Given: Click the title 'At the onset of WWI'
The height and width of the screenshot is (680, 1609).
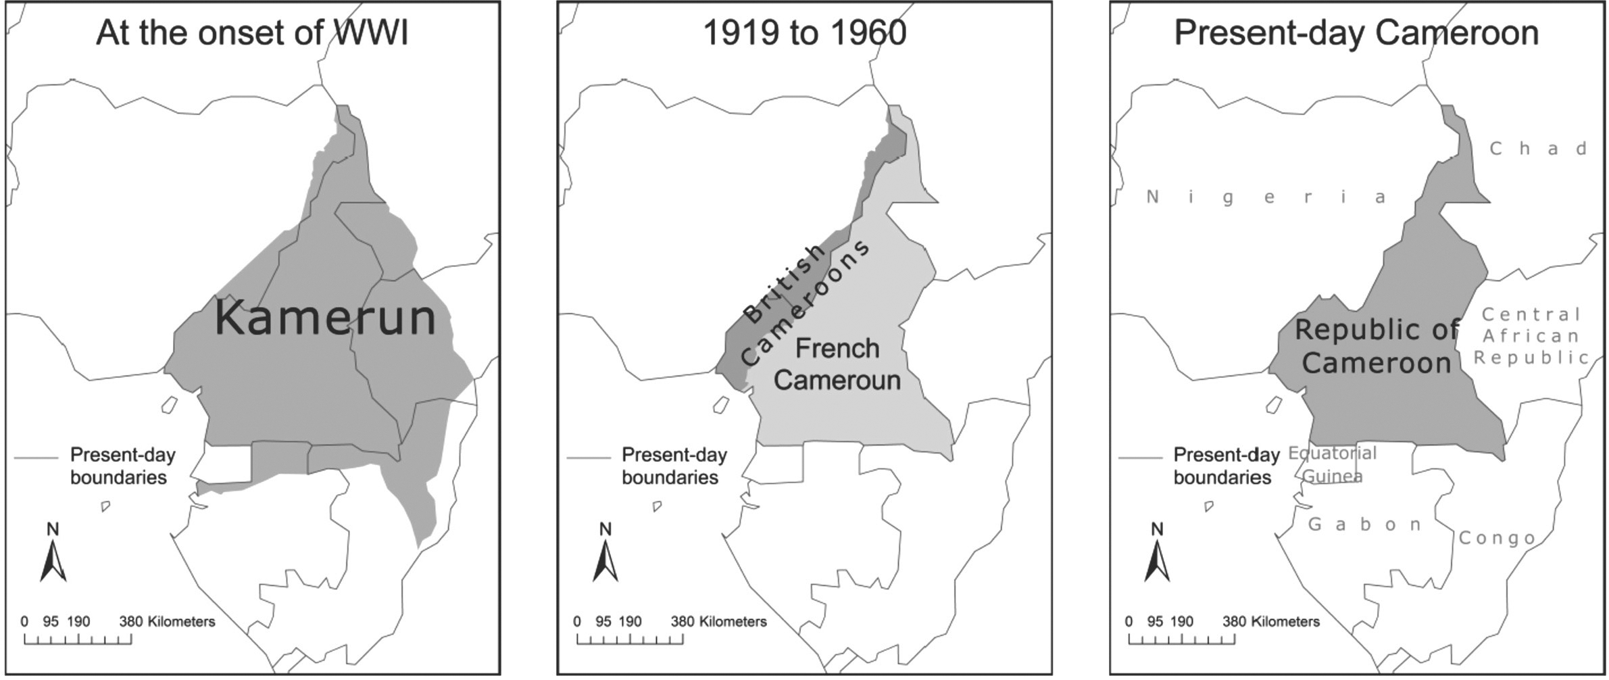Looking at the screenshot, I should click(x=252, y=32).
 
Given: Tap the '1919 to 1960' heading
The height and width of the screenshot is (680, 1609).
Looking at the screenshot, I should click(x=804, y=32).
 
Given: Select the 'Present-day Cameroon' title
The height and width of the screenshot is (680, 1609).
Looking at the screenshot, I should click(x=1356, y=32).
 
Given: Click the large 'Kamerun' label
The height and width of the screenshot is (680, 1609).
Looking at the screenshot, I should click(x=325, y=318).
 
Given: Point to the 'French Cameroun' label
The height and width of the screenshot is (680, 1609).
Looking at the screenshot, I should click(x=837, y=364).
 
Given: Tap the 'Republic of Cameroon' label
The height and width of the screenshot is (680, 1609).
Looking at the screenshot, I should click(x=1377, y=346).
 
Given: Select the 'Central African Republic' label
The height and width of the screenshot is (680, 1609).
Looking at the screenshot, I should click(x=1531, y=336).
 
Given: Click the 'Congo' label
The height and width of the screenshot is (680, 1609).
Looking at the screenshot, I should click(x=1497, y=538).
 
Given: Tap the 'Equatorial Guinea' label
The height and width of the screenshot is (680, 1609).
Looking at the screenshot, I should click(x=1332, y=464).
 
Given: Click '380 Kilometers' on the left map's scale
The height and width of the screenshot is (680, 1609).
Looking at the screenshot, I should click(x=167, y=621).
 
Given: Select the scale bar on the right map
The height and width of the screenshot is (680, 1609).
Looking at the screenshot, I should click(x=1181, y=639).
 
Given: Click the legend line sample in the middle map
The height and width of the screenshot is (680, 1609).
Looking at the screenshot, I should click(x=588, y=458).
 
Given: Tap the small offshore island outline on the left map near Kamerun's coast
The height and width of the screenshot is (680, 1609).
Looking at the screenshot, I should click(x=169, y=405).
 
